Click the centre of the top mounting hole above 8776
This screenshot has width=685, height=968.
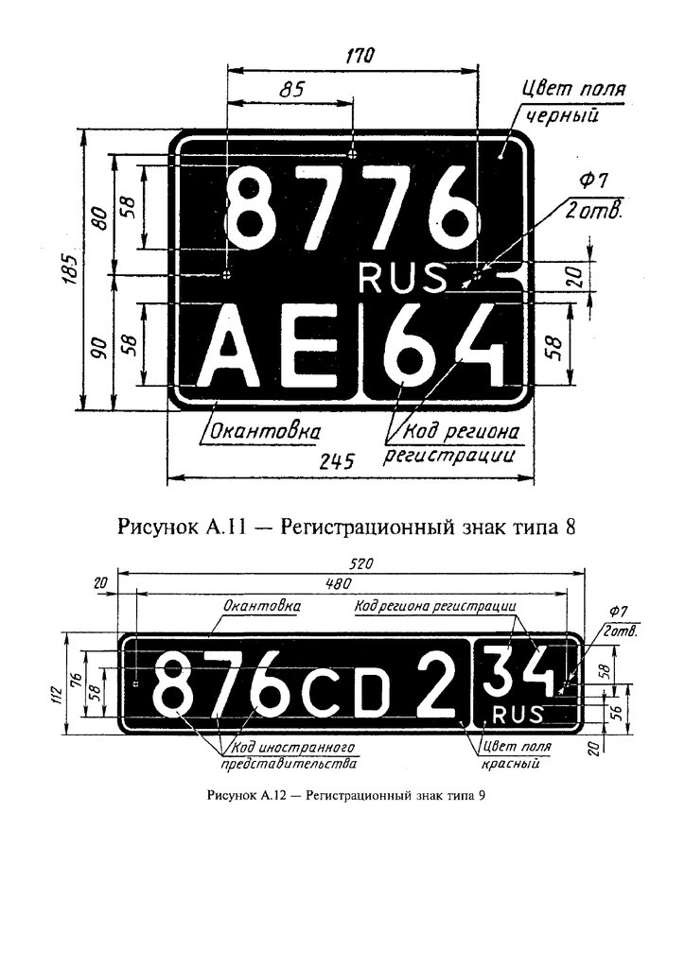(353, 152)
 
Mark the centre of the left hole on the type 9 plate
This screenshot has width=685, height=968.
(136, 684)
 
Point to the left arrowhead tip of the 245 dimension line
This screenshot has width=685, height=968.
(168, 476)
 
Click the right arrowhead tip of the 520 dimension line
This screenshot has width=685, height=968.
(585, 574)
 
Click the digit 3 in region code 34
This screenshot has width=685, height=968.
(499, 670)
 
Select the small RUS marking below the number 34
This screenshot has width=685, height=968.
(518, 715)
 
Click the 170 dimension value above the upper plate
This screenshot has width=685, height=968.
(359, 56)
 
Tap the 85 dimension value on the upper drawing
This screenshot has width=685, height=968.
(291, 90)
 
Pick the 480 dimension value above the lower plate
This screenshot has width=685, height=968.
(337, 584)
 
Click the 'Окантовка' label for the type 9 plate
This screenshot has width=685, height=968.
(262, 606)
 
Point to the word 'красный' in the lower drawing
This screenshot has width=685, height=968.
(510, 764)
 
